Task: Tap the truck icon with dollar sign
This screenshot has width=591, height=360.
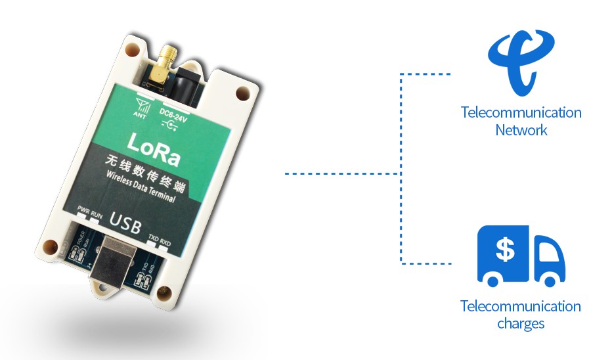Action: click(x=521, y=256)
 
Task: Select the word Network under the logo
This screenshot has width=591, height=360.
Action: click(x=521, y=129)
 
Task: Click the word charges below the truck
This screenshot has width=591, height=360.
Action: click(x=521, y=323)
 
